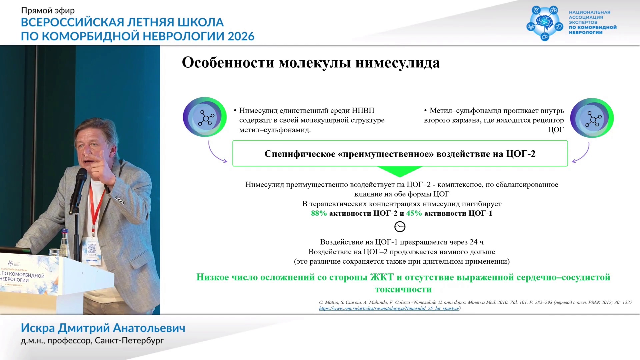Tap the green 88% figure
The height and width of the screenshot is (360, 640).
(319, 213)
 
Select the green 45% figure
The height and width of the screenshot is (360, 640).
(414, 213)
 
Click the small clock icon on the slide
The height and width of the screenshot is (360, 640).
(400, 227)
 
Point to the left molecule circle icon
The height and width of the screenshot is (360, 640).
(205, 117)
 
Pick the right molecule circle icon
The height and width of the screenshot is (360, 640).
(592, 118)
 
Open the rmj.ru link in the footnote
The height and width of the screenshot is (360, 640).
(389, 308)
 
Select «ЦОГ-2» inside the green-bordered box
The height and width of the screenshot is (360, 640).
(521, 154)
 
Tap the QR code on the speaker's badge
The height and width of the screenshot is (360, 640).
(91, 249)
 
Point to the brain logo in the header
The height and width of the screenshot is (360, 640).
(545, 22)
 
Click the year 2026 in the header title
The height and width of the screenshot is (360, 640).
(241, 36)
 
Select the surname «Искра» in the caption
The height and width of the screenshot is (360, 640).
(38, 328)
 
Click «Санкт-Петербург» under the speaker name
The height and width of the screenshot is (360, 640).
(129, 341)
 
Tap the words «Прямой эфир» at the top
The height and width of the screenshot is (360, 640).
(48, 11)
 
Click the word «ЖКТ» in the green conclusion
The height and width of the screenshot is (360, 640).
(382, 277)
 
